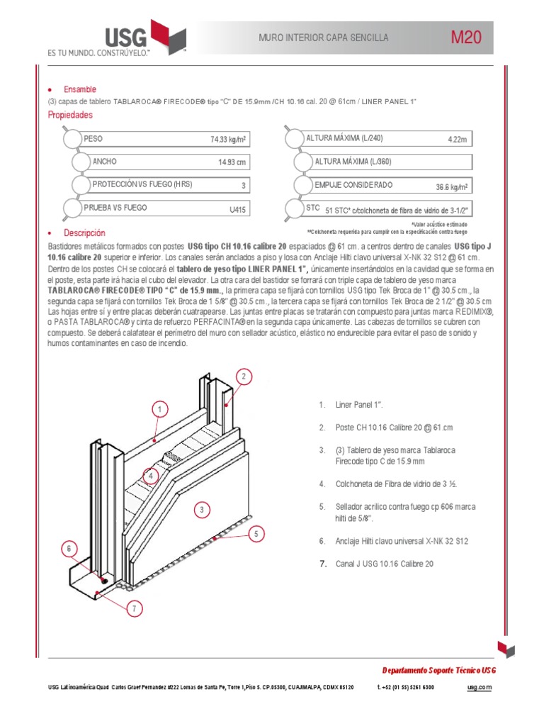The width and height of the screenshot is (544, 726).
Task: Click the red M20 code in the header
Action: click(466, 38)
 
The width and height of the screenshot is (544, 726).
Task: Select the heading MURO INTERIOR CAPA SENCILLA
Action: click(324, 38)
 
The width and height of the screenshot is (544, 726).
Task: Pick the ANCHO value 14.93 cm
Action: click(232, 162)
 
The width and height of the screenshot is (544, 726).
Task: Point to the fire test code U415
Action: click(237, 209)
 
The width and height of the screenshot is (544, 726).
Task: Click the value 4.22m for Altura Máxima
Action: click(458, 140)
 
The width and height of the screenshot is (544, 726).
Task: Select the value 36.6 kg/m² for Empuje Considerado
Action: click(451, 187)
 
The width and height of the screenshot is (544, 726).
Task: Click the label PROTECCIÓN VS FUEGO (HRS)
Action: click(142, 184)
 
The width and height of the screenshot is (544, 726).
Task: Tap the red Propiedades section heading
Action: click(70, 115)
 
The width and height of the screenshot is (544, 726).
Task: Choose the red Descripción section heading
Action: click(84, 233)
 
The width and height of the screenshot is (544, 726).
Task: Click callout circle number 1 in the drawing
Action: click(161, 410)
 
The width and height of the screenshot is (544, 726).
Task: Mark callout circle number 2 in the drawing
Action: click(243, 376)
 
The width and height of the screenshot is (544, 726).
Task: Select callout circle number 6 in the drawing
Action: click(69, 548)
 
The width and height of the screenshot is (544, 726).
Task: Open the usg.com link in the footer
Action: click(479, 687)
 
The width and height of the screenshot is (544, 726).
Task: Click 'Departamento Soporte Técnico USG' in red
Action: click(439, 670)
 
